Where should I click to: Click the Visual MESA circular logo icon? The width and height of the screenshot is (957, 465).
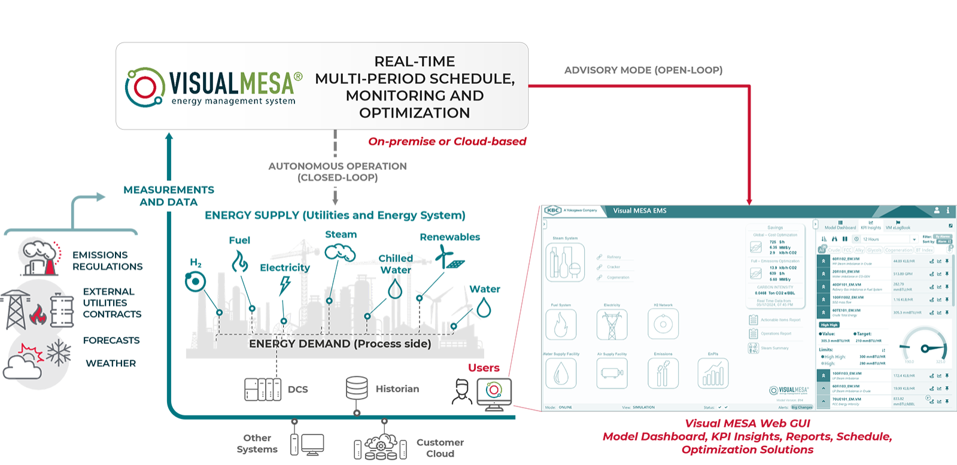144,87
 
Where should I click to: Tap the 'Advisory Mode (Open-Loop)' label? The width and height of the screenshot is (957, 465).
643,70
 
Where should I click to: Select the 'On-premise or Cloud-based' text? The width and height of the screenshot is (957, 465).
447,142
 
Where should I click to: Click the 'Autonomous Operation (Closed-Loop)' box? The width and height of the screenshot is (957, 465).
338,172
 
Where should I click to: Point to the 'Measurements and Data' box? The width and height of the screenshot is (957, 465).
169,196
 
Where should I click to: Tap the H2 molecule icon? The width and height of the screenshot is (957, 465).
195,281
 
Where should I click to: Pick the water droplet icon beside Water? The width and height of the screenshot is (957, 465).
484,308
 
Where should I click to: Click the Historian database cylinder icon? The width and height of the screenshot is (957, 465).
357,388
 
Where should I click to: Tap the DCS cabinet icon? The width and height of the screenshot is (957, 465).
263,390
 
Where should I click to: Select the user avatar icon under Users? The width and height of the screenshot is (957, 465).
462,391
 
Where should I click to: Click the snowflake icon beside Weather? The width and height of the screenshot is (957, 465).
59,352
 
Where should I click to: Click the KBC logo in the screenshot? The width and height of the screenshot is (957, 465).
552,211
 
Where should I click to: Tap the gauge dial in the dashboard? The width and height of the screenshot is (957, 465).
925,348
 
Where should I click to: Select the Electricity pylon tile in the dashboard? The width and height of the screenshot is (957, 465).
612,325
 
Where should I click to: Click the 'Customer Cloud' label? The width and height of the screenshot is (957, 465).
440,448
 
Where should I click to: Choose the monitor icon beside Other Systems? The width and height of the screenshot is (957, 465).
312,445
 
